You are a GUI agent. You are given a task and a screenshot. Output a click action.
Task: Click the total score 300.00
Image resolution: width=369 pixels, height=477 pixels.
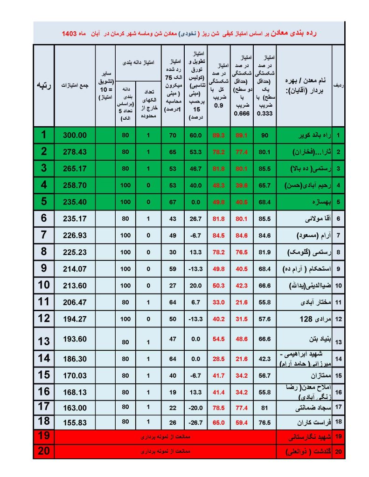[75, 136]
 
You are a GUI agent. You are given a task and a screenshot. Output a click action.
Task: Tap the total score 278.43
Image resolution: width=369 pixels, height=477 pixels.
[75, 152]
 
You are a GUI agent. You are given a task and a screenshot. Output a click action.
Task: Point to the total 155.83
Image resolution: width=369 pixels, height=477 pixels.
[75, 422]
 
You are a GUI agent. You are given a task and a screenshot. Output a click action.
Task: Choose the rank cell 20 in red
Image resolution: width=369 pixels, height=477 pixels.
[44, 451]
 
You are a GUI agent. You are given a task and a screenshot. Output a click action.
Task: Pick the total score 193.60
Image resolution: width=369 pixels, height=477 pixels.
[75, 341]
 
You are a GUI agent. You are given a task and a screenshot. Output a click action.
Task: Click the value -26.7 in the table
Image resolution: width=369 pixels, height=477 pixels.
[195, 422]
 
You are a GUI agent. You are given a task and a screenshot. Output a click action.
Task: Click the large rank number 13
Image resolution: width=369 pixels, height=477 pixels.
[44, 341]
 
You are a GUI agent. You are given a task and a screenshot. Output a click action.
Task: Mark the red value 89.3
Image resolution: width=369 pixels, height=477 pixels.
[219, 136]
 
